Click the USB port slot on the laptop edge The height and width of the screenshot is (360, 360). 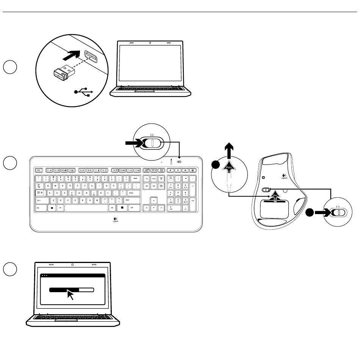90,57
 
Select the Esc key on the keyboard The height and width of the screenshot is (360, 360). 39,171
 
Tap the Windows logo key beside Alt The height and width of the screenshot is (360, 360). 52,208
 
